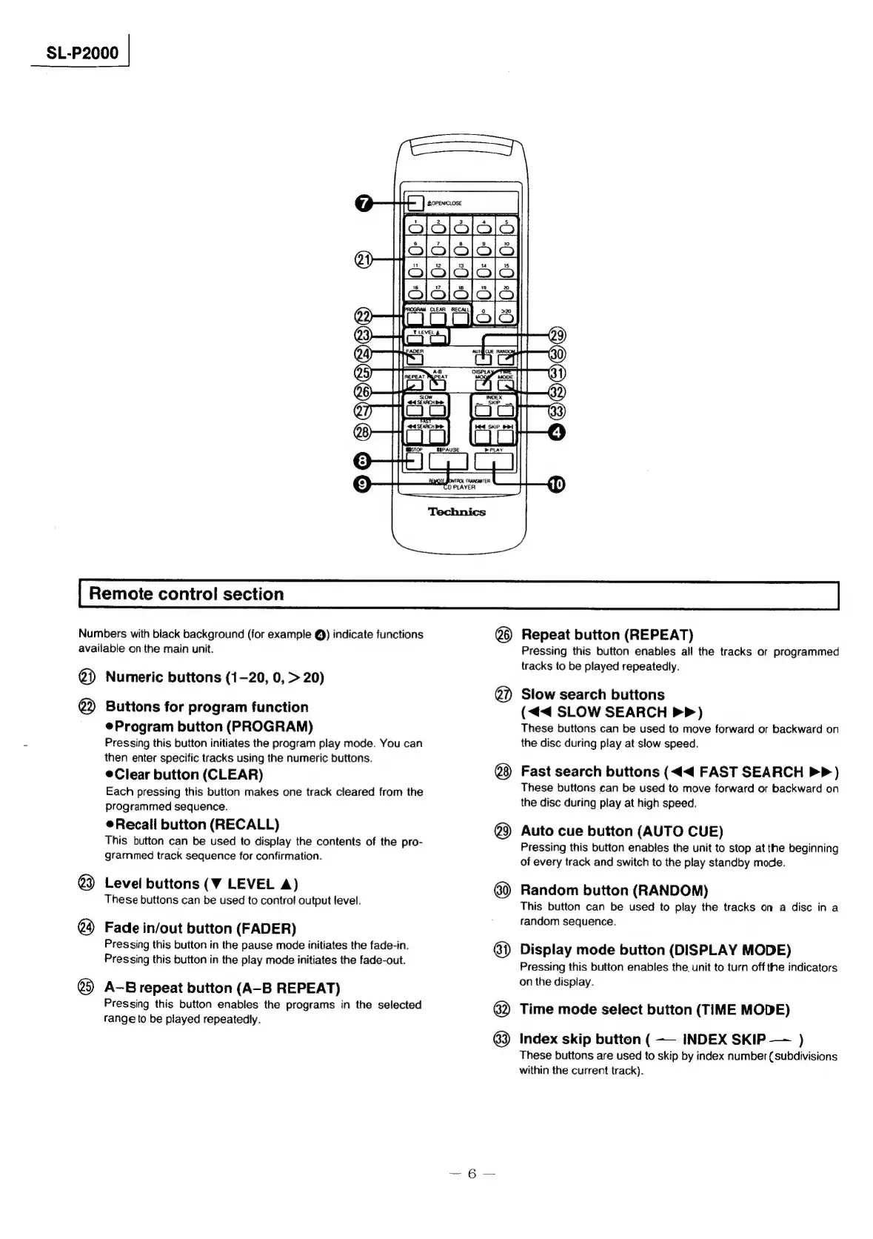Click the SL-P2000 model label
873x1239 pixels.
tap(82, 53)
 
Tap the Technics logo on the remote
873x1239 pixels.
tap(457, 512)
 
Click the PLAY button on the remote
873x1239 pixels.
tap(493, 462)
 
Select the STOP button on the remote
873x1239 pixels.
tap(412, 462)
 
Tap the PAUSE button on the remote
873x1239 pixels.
tap(449, 462)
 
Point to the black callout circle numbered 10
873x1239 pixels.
tap(555, 485)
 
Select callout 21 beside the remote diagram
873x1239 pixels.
tap(363, 259)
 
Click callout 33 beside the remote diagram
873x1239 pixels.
tap(556, 411)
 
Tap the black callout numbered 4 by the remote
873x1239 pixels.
tap(556, 431)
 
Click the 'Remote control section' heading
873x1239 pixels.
tap(186, 594)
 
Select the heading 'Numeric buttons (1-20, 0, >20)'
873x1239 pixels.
tap(215, 677)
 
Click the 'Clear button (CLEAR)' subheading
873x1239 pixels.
tap(189, 774)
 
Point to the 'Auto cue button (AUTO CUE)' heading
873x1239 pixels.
tap(622, 831)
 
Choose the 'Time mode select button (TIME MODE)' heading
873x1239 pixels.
tap(655, 1009)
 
